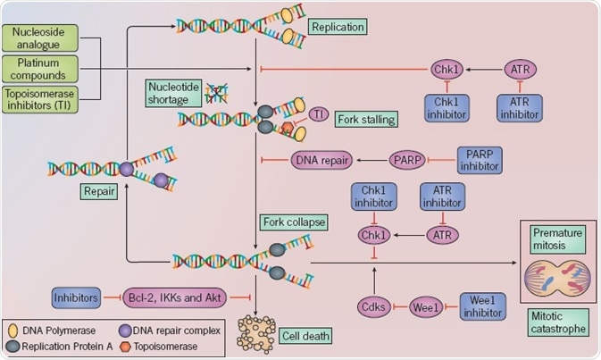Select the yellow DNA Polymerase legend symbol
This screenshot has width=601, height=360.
[x=15, y=326]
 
